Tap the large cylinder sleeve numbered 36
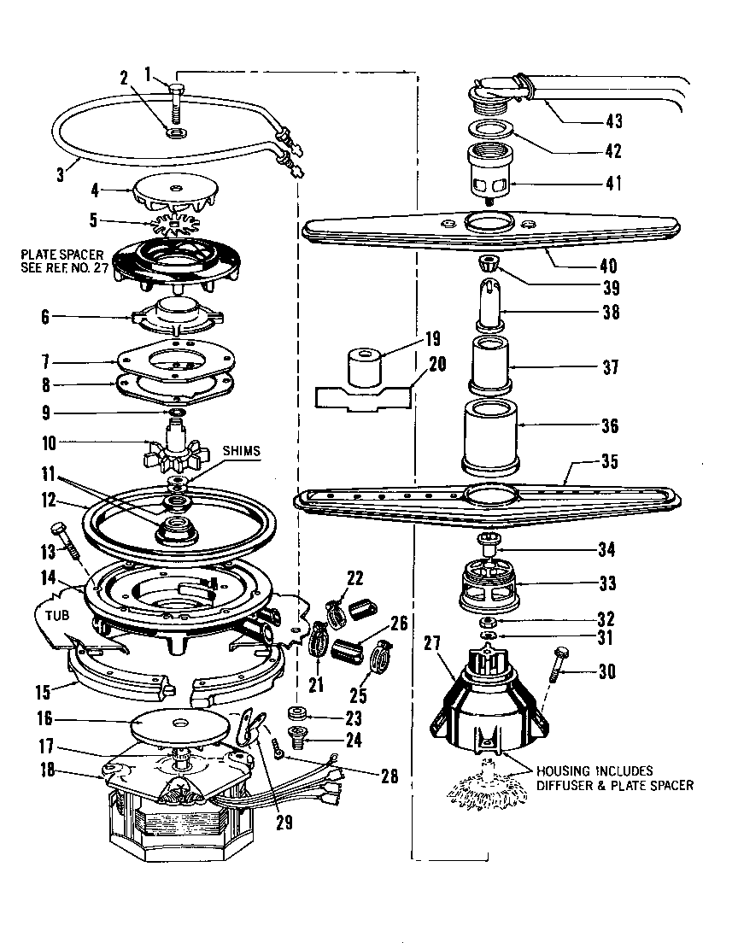(489, 435)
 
